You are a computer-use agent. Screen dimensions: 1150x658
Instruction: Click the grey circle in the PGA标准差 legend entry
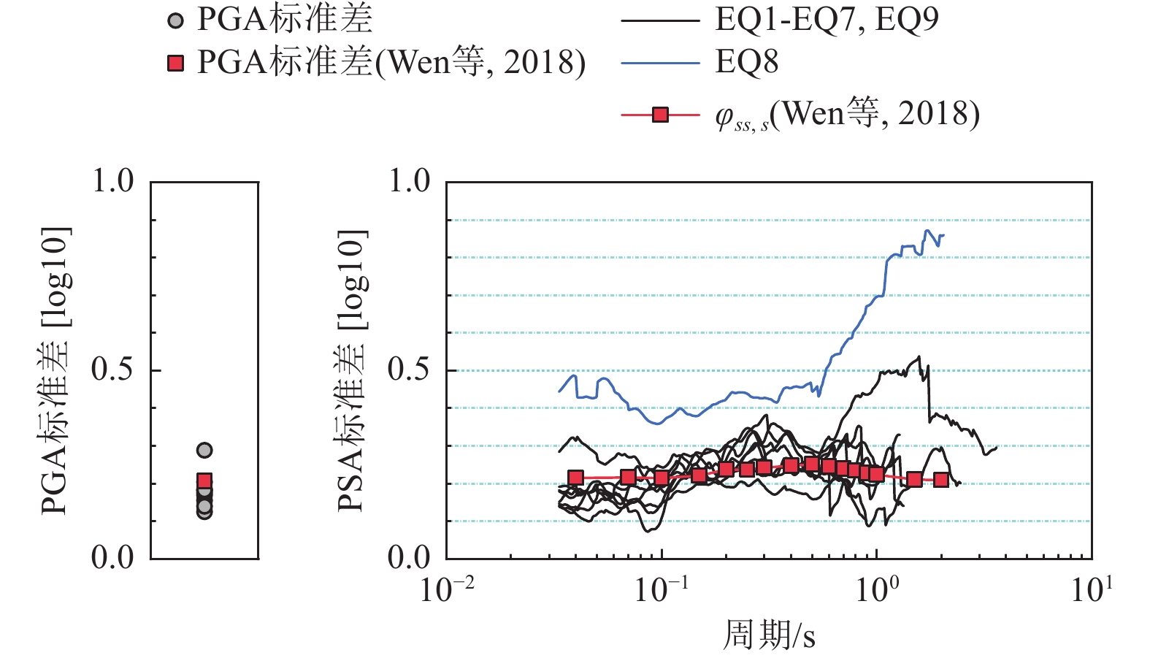pyautogui.click(x=175, y=22)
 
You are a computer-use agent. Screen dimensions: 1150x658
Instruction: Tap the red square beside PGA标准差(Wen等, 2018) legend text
pyautogui.click(x=175, y=64)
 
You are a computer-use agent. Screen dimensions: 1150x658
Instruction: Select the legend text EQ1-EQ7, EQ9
pyautogui.click(x=827, y=20)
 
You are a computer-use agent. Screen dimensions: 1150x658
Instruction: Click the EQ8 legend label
pyautogui.click(x=747, y=63)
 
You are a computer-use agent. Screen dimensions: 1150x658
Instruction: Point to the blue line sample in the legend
pyautogui.click(x=660, y=64)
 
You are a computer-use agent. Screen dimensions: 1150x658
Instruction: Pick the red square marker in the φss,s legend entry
pyautogui.click(x=660, y=115)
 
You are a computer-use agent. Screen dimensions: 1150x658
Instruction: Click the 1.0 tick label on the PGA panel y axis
pyautogui.click(x=112, y=181)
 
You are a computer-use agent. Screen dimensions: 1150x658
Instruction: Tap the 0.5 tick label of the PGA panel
pyautogui.click(x=112, y=370)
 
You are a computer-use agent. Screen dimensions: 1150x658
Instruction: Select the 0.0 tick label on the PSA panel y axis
pyautogui.click(x=409, y=558)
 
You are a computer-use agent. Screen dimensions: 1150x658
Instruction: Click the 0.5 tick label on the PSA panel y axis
pyautogui.click(x=409, y=370)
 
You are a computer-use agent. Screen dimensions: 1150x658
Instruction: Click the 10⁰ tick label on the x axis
pyautogui.click(x=877, y=589)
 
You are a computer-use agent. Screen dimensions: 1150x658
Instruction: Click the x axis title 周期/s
pyautogui.click(x=769, y=635)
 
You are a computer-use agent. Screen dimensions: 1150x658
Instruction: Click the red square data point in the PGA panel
pyautogui.click(x=204, y=481)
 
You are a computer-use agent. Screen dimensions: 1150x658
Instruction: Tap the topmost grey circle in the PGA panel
pyautogui.click(x=204, y=451)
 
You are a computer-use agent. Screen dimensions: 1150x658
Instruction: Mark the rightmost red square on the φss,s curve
pyautogui.click(x=941, y=481)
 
